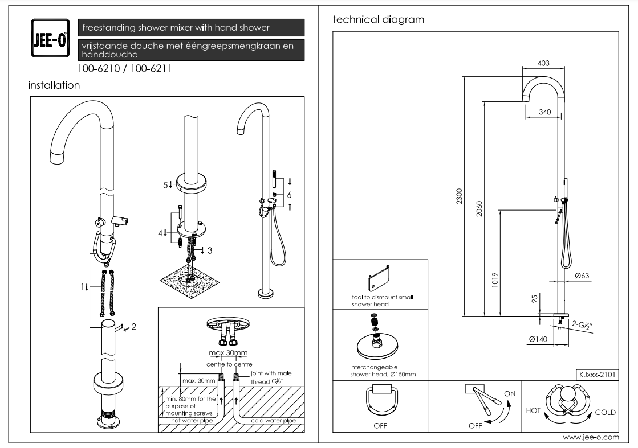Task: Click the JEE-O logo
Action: (50, 38)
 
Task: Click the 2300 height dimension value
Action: (460, 196)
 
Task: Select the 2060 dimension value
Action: (479, 209)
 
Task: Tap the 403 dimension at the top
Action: (543, 63)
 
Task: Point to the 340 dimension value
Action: (545, 112)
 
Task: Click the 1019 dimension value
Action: (495, 280)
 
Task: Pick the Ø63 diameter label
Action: (582, 276)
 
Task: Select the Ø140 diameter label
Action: (538, 339)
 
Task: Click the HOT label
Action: (533, 410)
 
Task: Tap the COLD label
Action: (605, 412)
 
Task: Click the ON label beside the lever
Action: (509, 393)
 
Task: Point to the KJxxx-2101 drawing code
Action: (597, 375)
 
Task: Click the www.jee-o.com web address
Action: (591, 437)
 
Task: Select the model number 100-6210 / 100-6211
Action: (124, 69)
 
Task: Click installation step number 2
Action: (133, 327)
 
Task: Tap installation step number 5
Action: (165, 185)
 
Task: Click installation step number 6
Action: (289, 195)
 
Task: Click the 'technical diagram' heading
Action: (379, 19)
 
